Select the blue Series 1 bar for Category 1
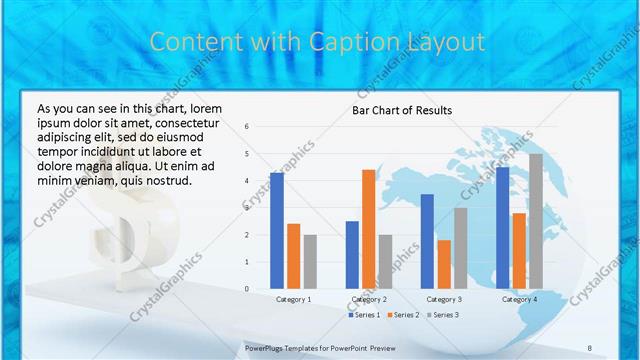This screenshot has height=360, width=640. point(277,231)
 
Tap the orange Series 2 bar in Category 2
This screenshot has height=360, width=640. point(368,229)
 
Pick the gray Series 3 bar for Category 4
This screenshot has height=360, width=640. point(536,221)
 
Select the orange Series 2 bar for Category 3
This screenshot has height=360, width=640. point(444,264)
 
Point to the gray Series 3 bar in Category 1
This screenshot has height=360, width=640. point(310,262)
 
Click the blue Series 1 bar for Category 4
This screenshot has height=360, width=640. point(502,228)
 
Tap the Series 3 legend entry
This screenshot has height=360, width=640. point(442,315)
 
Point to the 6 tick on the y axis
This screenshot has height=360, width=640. point(246,127)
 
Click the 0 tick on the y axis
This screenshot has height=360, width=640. point(246,289)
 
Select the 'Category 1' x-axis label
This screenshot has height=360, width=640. point(293,299)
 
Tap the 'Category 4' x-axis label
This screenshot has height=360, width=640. point(519,299)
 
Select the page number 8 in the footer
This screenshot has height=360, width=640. point(590,348)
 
